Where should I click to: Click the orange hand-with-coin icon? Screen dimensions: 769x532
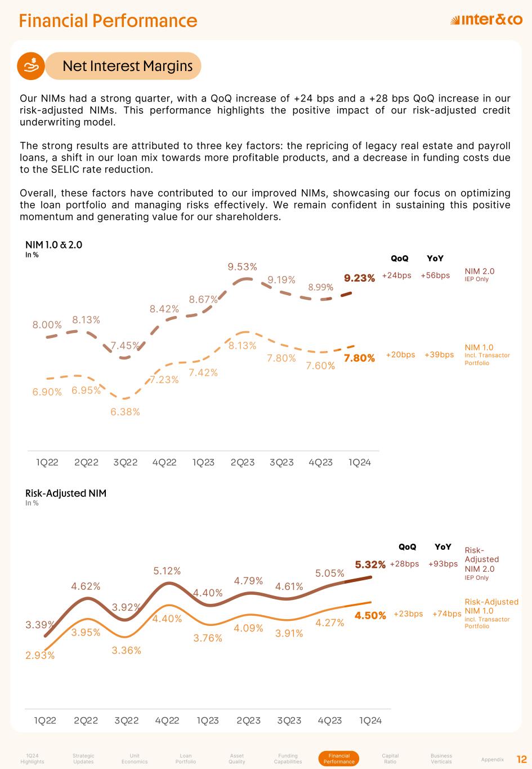point(31,66)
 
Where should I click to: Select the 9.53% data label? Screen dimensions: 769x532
point(242,266)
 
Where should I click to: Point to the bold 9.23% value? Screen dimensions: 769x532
point(359,278)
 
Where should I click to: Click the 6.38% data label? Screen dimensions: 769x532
point(125,412)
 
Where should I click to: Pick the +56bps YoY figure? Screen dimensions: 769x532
point(435,275)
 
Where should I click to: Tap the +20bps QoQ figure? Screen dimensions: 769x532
point(400,354)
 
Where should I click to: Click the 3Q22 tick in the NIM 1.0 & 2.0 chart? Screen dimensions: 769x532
point(125,463)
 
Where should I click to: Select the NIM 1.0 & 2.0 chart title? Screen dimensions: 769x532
point(53,245)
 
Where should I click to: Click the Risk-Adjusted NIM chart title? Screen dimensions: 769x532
point(66,494)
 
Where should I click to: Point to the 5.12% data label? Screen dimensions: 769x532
point(167,571)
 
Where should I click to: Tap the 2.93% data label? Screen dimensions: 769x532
point(40,655)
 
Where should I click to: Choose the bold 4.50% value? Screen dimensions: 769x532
point(370,616)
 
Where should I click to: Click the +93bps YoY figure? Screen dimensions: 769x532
point(442,564)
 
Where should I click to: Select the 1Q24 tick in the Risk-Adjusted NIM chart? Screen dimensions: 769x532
point(370,721)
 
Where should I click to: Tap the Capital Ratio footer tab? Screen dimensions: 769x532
point(390,758)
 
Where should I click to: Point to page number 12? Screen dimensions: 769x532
point(521,759)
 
